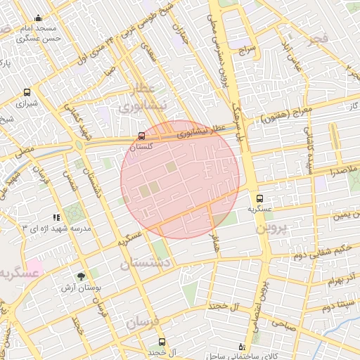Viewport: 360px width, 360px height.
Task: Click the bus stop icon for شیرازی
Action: pos(27,92)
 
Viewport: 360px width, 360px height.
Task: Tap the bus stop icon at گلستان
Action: pos(142,136)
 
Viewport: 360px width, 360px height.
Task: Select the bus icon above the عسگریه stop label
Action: pos(260,199)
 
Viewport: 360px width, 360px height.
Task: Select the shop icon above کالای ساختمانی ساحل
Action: pos(243,347)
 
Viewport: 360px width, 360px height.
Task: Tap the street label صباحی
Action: pos(282,323)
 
